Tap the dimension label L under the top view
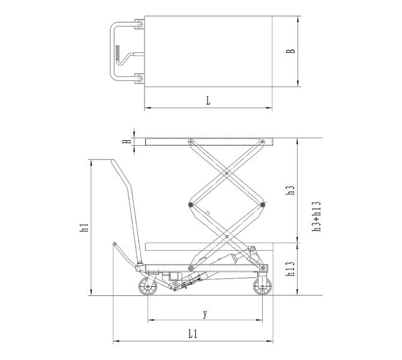[208, 101]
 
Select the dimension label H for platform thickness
[126, 141]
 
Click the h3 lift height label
[290, 190]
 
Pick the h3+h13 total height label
[317, 217]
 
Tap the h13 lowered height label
[290, 269]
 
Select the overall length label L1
[193, 334]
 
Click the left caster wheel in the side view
[148, 286]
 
